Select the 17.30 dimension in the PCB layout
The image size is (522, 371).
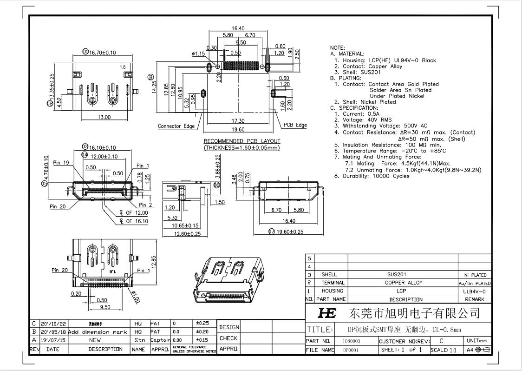(x=238, y=121)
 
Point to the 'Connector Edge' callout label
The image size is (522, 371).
(x=176, y=126)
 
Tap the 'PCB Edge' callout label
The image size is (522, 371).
(x=295, y=125)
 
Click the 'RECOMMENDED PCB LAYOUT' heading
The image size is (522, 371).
(x=242, y=141)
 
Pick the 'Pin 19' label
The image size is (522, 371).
(x=61, y=163)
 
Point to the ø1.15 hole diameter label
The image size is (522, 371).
(x=198, y=54)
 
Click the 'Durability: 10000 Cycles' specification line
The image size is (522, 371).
(x=372, y=176)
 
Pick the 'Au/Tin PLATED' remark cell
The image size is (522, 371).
(x=474, y=283)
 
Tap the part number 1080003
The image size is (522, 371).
(x=351, y=341)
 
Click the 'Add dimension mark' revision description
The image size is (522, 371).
(x=95, y=332)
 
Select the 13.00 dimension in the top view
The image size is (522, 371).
(x=104, y=117)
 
